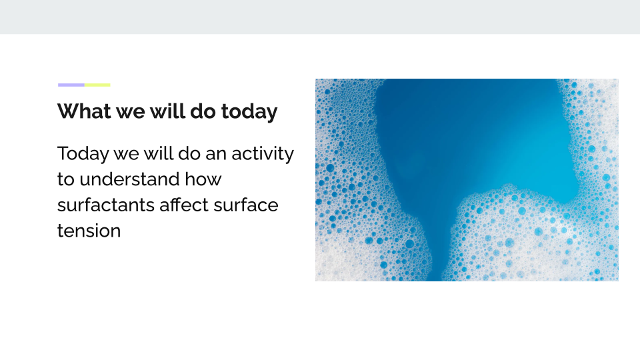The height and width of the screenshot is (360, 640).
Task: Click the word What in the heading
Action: point(84,111)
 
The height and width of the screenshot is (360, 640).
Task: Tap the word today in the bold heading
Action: point(249,112)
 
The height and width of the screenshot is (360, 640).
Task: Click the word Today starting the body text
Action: point(83,155)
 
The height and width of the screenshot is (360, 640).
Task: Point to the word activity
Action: point(263,155)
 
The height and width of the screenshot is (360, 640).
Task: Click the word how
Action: point(203,179)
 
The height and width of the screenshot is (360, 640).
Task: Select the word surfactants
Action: point(106,205)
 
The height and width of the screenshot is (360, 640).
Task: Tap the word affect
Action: point(184,205)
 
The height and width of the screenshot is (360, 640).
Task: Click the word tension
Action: point(89,231)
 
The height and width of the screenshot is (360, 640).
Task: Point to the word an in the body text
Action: point(216,155)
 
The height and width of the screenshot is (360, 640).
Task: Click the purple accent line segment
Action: point(71,85)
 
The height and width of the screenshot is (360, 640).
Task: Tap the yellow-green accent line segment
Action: point(97,85)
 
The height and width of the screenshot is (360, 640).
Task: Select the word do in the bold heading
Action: point(203,111)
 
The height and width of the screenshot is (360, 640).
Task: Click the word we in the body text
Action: point(127,155)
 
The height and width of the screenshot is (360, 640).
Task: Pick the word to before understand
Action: point(66,179)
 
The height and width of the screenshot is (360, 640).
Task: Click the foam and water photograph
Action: point(467,180)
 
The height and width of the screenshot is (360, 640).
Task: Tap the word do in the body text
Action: point(189,154)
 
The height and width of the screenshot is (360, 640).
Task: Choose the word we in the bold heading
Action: point(131,112)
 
